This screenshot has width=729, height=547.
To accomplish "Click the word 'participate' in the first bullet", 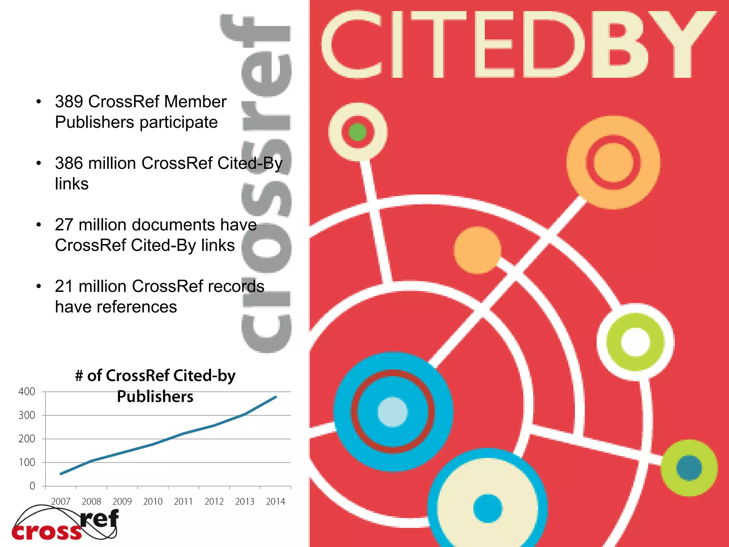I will [x=179, y=123].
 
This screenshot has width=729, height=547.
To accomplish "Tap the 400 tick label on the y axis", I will [x=27, y=392].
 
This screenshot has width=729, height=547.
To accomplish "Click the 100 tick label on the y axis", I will [x=27, y=463].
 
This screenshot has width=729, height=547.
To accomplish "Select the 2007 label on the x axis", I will [x=61, y=502].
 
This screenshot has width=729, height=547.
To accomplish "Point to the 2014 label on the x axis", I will [x=276, y=502].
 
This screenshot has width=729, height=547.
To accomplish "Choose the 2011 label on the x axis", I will [x=183, y=502].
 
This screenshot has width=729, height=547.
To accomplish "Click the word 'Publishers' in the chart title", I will [x=155, y=397].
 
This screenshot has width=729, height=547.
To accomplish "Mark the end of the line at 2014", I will [x=276, y=397].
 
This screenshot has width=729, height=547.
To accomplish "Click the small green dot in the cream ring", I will [x=358, y=132].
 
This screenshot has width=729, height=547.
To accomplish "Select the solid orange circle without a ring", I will [x=477, y=250].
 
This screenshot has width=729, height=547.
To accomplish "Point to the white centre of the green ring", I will [x=635, y=342].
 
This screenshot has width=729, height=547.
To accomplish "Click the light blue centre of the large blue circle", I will [x=393, y=412].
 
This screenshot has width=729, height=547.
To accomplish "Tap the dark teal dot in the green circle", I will [x=689, y=468].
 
